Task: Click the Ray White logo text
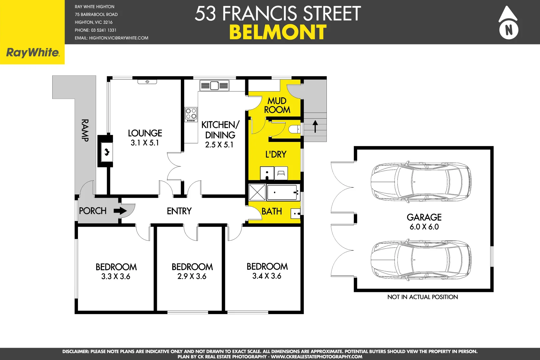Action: tap(33, 53)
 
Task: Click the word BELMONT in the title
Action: tap(278, 33)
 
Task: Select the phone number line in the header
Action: tap(96, 30)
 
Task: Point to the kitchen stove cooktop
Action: tap(191, 114)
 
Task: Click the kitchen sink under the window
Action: tap(214, 86)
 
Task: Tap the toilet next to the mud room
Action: tap(294, 129)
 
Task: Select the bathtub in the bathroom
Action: tap(282, 193)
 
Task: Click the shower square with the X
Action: tap(257, 193)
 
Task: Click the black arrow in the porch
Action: tap(120, 211)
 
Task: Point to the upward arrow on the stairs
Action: tap(315, 126)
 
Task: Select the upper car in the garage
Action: tap(421, 182)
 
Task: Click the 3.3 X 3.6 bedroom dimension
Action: tap(116, 276)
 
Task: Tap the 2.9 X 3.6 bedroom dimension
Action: tap(192, 276)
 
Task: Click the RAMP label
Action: tap(85, 130)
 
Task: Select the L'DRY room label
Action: tap(276, 154)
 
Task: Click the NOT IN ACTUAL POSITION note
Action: tap(422, 297)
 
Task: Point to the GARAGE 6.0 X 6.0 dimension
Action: tap(424, 227)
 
